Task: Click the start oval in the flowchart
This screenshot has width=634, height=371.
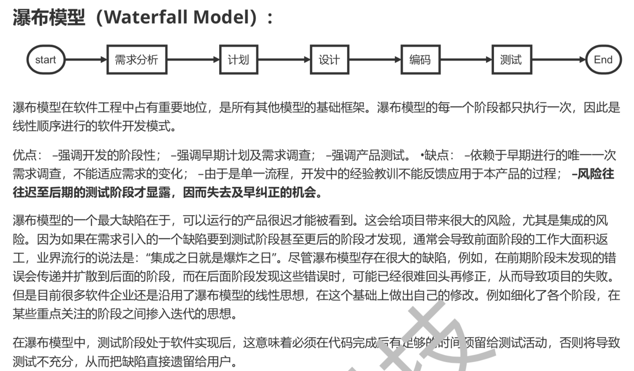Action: pos(46,60)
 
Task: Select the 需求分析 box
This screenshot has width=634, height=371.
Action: pos(137,60)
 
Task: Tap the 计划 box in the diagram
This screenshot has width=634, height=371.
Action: pos(238,60)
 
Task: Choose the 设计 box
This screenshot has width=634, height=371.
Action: pos(329,60)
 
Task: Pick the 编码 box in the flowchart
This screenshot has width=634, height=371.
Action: pos(420,60)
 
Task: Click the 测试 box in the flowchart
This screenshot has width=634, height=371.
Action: pos(511,60)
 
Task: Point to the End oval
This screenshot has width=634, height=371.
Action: pos(603,60)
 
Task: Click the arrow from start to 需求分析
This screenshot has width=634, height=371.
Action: pos(86,60)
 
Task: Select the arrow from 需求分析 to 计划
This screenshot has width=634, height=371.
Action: pos(193,60)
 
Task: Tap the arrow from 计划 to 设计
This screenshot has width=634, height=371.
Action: pos(284,60)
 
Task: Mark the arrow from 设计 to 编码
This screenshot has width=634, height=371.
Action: pos(375,60)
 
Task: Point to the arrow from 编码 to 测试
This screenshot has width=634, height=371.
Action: pos(466,60)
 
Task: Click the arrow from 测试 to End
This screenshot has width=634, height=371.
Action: pos(559,60)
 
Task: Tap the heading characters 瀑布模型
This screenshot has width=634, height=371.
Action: pos(49,17)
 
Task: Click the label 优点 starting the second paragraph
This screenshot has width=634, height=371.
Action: pos(24,155)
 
